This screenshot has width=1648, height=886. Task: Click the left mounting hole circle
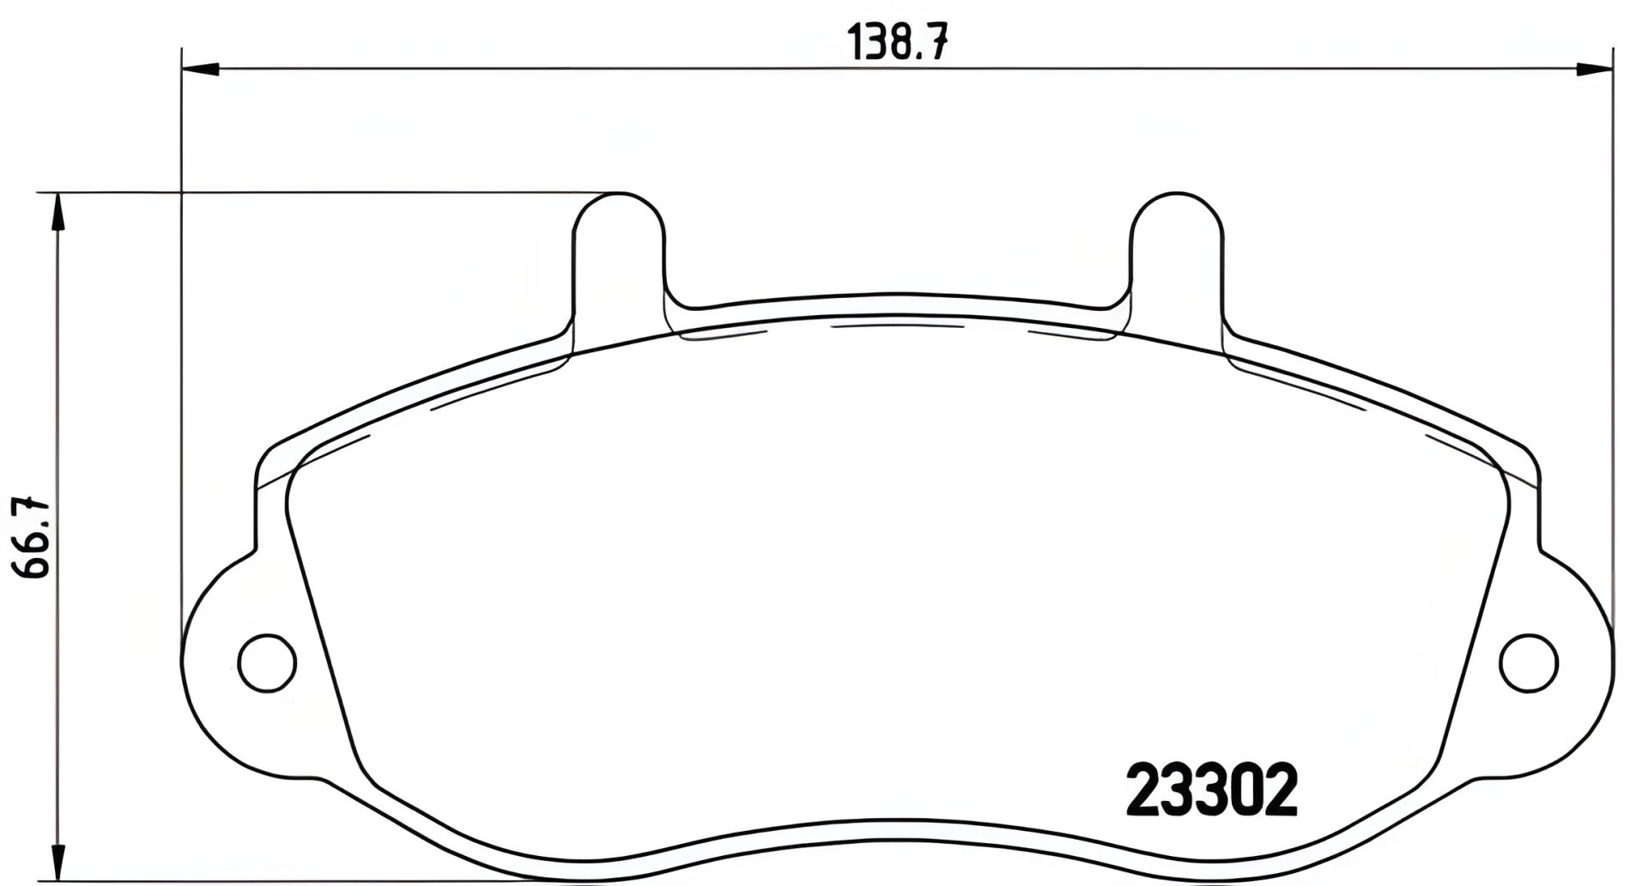(267, 662)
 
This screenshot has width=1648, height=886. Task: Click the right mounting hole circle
(1529, 662)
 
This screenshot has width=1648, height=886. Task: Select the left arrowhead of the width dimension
(201, 67)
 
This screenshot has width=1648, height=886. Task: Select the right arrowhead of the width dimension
(1596, 67)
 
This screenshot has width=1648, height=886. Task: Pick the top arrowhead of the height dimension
(57, 211)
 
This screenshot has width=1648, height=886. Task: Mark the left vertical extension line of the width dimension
(182, 343)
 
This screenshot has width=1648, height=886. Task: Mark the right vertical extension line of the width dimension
(1613, 343)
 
